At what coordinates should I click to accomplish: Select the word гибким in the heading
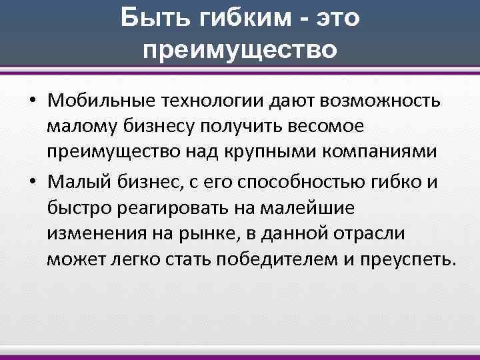point(229,19)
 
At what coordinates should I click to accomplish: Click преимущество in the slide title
point(240,49)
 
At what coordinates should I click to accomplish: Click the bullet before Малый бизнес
point(32,179)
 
